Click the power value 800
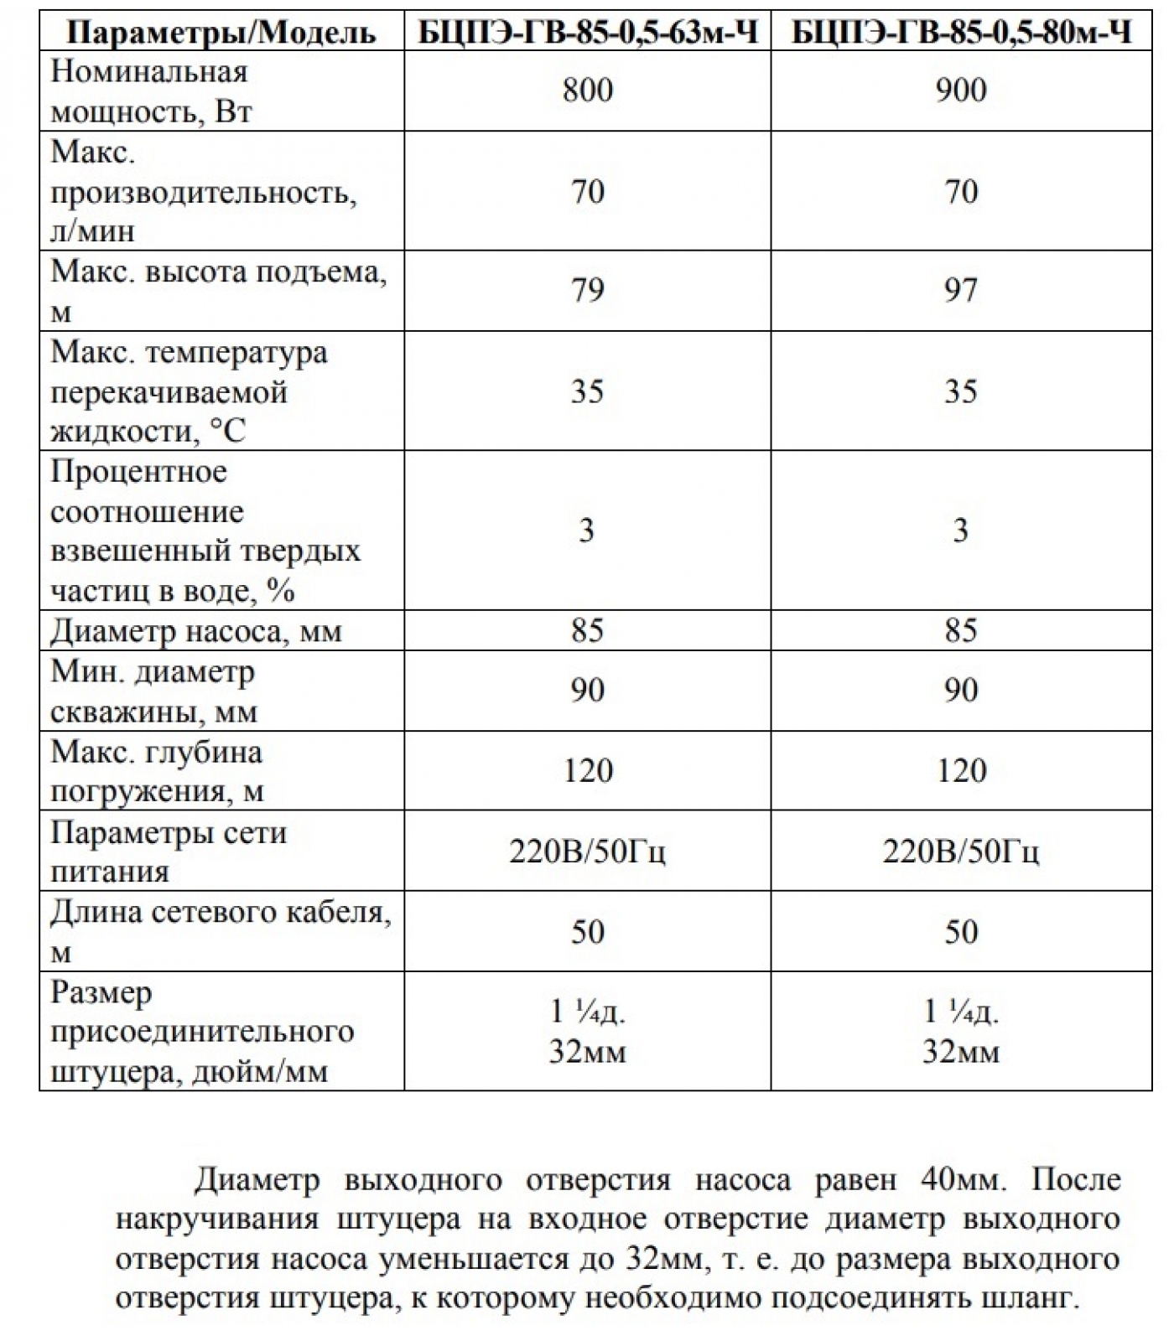click(x=588, y=91)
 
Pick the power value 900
click(x=961, y=91)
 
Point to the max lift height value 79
click(x=587, y=290)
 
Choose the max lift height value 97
click(x=961, y=290)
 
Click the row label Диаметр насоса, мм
click(x=196, y=630)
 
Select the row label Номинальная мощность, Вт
click(x=151, y=91)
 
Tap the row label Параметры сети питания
click(x=168, y=851)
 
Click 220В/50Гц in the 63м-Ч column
click(x=587, y=852)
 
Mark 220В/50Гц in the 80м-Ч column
click(x=961, y=852)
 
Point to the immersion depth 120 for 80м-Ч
click(x=961, y=771)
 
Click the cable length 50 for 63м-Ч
click(x=587, y=932)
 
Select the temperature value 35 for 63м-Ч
click(x=587, y=391)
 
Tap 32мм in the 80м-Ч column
click(x=961, y=1051)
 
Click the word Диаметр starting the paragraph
click(x=257, y=1180)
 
